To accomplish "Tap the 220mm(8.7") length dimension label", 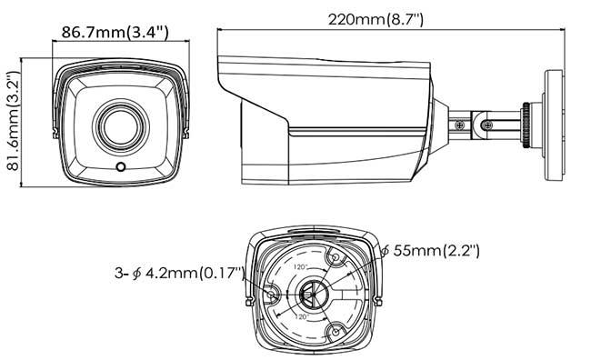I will coord(386,17).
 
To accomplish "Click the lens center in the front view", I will coord(119,125).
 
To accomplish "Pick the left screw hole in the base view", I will coord(272,292).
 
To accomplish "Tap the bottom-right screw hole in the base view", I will coord(336,333).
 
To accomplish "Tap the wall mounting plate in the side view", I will coord(553,118).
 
